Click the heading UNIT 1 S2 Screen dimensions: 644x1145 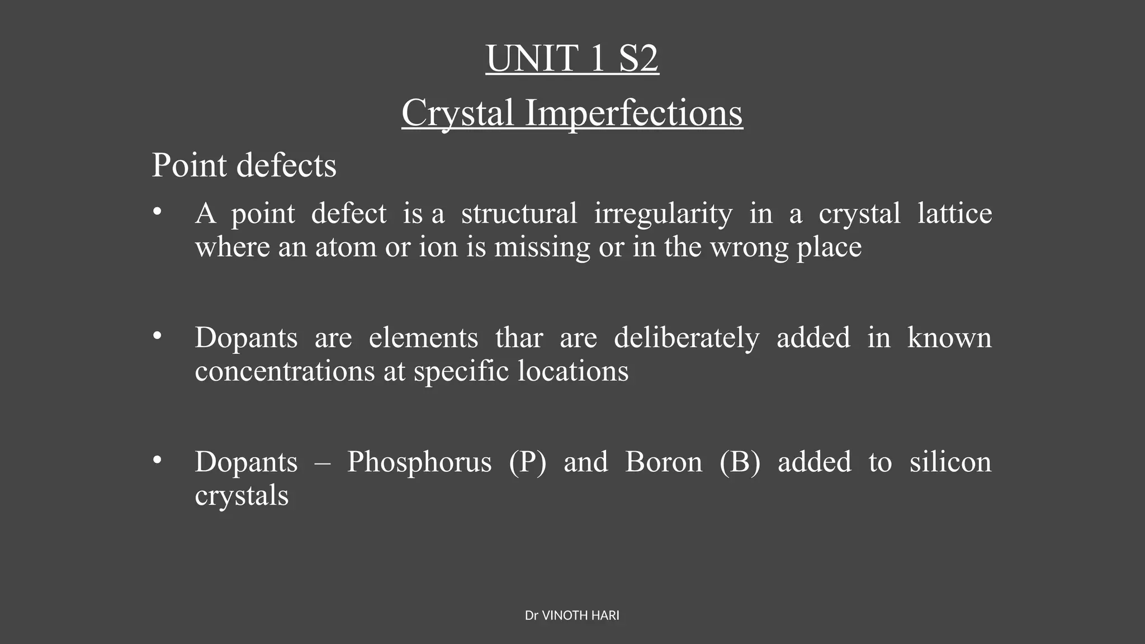coord(572,58)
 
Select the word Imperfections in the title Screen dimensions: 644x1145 coord(633,113)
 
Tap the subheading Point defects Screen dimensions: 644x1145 coord(244,165)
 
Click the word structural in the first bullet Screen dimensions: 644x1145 coord(519,214)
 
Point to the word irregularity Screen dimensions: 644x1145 coord(663,214)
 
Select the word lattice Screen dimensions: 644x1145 coord(954,214)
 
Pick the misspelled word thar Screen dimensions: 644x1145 coord(519,338)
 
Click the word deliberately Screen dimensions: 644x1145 coord(687,338)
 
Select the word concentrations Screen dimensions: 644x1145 coord(285,371)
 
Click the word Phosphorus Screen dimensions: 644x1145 coord(419,462)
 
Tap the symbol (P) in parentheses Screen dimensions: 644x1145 coord(527,462)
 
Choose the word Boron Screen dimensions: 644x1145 coord(663,462)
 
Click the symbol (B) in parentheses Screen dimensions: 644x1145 coord(740,462)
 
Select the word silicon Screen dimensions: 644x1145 coord(950,462)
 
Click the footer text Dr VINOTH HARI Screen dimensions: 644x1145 coord(572,615)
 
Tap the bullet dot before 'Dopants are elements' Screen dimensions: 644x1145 coord(157,335)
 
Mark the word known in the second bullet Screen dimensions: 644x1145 coord(949,338)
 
